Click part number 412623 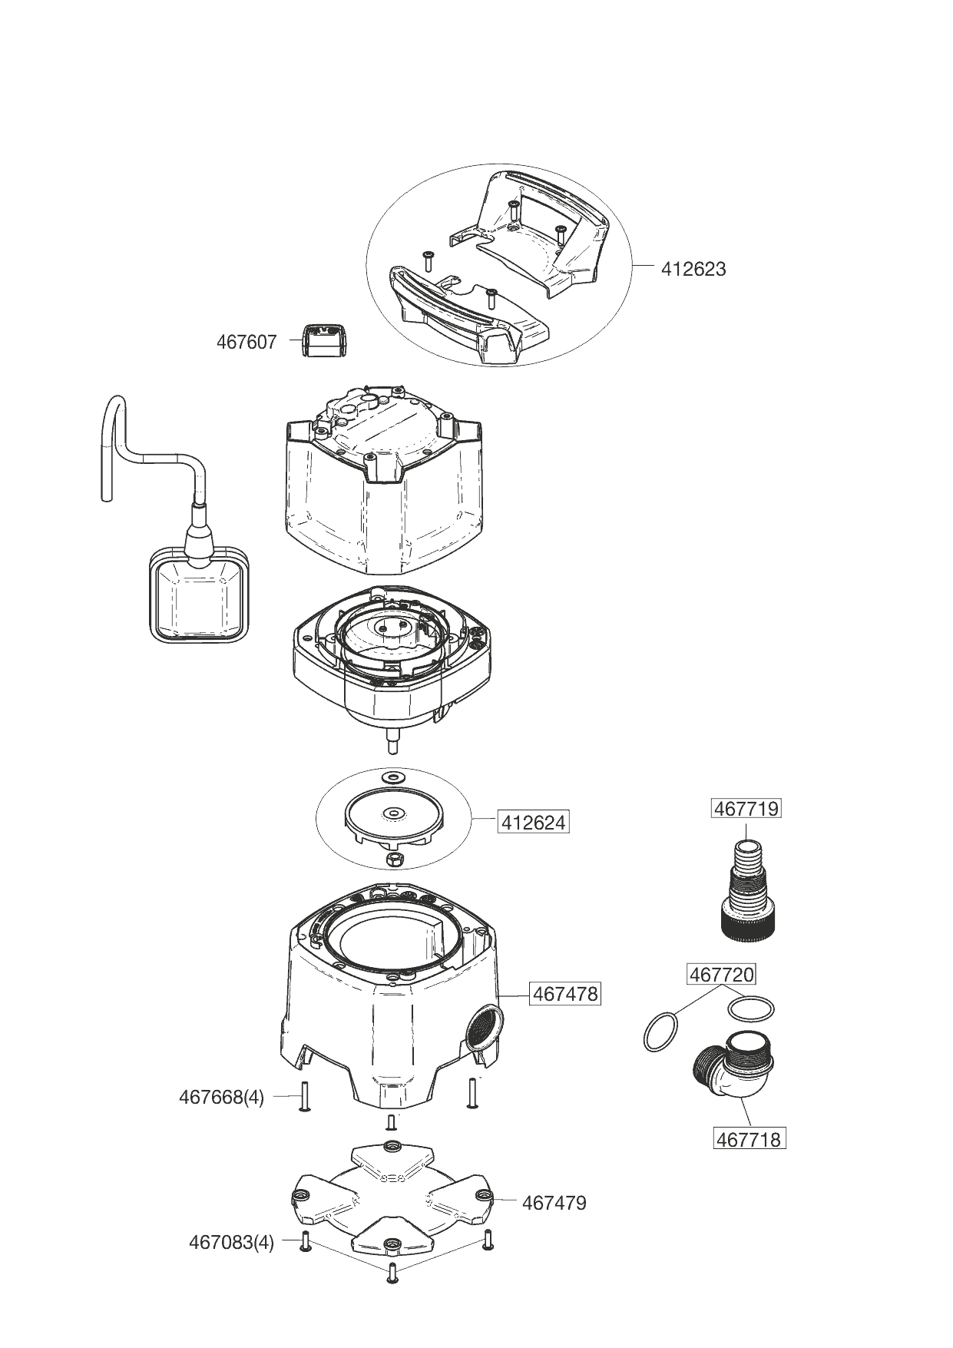pos(693,270)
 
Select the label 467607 pos(246,342)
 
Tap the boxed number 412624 pos(533,823)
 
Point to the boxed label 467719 pos(746,809)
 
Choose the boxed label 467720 pos(721,975)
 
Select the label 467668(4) pos(221,1097)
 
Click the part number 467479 pos(554,1203)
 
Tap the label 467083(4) pos(231,1242)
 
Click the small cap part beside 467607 pos(323,340)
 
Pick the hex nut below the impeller pos(392,858)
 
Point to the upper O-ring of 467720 pos(750,1007)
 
